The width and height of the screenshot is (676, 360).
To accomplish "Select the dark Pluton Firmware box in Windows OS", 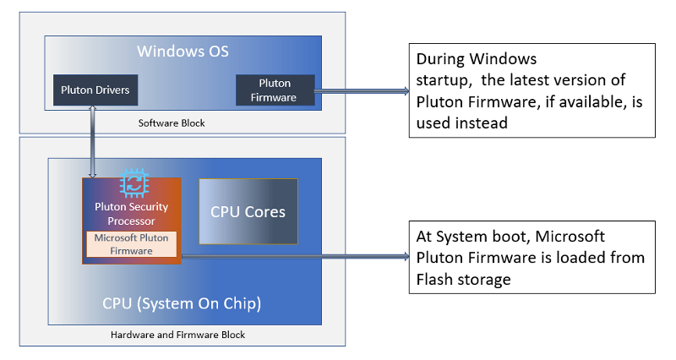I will pyautogui.click(x=275, y=90).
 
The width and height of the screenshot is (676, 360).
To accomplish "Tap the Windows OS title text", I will pyautogui.click(x=183, y=52).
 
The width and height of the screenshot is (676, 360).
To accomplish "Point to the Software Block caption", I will pyautogui.click(x=172, y=123).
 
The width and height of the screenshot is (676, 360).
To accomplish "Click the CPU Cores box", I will pyautogui.click(x=248, y=212).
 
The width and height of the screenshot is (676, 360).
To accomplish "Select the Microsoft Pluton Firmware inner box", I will pyautogui.click(x=130, y=244).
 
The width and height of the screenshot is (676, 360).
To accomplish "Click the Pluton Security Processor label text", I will pyautogui.click(x=131, y=213).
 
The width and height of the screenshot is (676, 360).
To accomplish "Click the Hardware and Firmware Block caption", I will pyautogui.click(x=177, y=335).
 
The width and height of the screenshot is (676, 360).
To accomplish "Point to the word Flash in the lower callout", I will pyautogui.click(x=434, y=278).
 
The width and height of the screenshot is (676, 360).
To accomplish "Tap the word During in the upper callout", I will pyautogui.click(x=441, y=61).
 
